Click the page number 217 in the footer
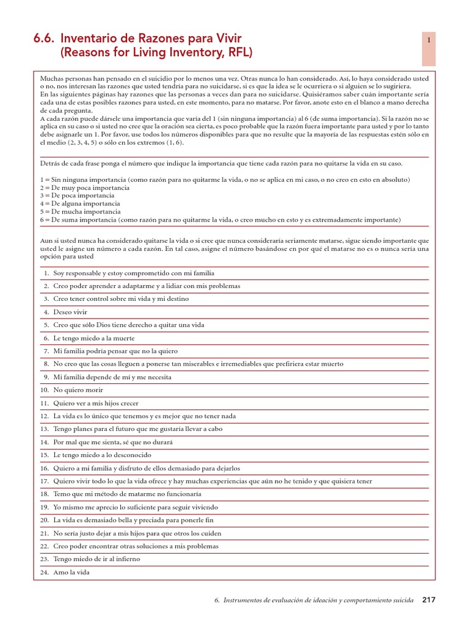pos(429,600)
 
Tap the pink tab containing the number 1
pos(429,49)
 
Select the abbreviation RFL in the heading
pos(237,53)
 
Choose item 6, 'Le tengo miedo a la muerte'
pos(94,338)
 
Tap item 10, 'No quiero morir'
pos(78,390)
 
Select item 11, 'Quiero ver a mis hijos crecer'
pos(96,403)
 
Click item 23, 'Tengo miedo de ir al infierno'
pos(96,559)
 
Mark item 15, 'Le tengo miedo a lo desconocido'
pos(102,455)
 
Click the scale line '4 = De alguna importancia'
pos(80,203)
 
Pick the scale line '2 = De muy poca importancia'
pos(83,188)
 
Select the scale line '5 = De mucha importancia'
pos(80,211)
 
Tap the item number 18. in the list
pos(44,494)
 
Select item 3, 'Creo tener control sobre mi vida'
pos(121,299)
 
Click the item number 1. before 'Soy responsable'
pos(46,273)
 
